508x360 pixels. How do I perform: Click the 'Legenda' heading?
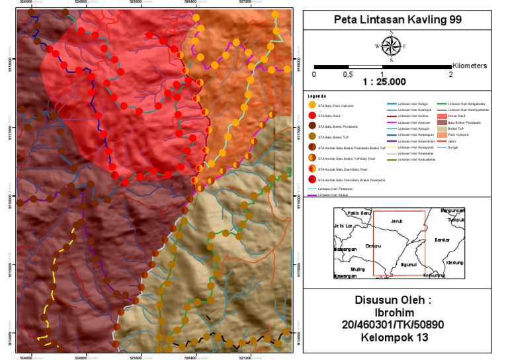317,96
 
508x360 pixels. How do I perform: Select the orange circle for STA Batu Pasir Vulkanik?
312,105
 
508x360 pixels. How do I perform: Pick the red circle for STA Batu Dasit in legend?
312,115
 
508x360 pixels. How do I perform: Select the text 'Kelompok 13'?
395,337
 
